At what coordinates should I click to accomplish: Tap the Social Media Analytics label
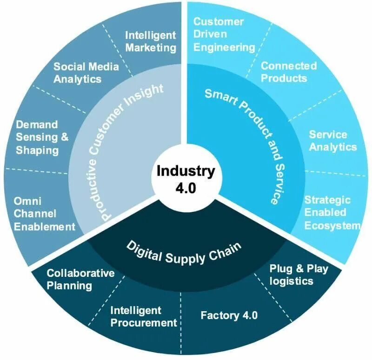[x=86, y=72]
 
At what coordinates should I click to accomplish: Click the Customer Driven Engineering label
[x=224, y=34]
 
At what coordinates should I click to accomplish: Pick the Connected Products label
[x=288, y=72]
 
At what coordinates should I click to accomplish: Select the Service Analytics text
[x=332, y=140]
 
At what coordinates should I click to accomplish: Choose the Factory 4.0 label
[x=229, y=315]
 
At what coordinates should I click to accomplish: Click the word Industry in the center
[x=186, y=171]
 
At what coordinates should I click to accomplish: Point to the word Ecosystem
[x=333, y=225]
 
